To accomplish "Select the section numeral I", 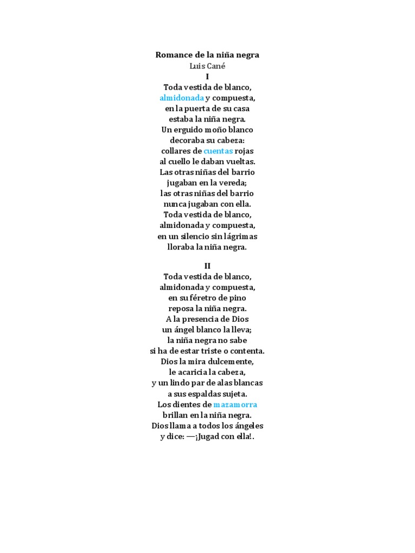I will click(x=207, y=77).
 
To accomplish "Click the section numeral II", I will click(x=207, y=266).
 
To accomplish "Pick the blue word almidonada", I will click(x=182, y=98).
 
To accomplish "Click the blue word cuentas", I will click(x=218, y=151).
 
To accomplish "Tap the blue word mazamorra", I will click(x=235, y=404).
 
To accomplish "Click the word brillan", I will click(x=176, y=415).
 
